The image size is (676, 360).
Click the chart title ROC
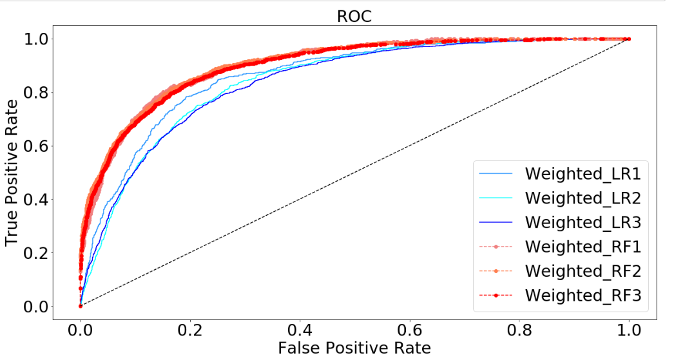coord(354,16)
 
